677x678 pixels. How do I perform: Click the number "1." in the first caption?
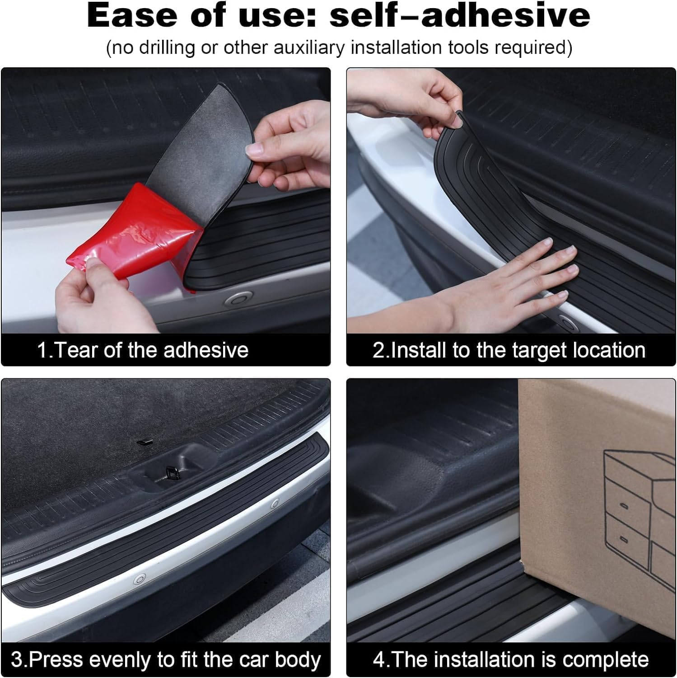45,350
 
